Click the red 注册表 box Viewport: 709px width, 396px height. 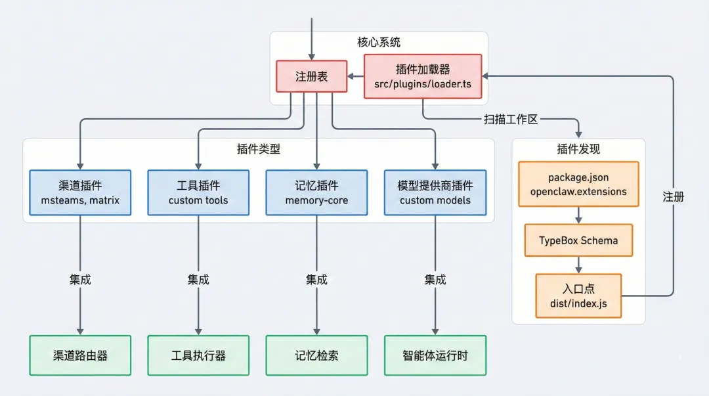point(311,76)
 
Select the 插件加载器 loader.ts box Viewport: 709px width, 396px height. point(422,76)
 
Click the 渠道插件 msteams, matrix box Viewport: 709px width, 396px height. point(80,192)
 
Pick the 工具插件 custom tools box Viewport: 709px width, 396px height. point(198,192)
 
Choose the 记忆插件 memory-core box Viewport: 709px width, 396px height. point(316,192)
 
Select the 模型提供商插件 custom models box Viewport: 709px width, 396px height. point(435,192)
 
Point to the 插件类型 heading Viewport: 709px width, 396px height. point(258,149)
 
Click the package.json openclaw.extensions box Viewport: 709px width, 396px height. point(578,184)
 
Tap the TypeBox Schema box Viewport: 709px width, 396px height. point(578,240)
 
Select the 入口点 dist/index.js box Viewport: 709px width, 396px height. point(578,296)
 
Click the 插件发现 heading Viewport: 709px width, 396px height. point(578,149)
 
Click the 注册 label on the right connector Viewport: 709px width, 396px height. point(673,196)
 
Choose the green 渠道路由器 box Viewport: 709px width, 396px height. point(80,355)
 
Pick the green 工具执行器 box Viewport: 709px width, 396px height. point(198,355)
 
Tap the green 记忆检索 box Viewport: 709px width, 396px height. point(316,355)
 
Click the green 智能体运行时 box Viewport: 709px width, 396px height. point(435,355)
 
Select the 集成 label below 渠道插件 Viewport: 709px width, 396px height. point(80,279)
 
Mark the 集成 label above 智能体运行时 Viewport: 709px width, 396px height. point(435,279)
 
